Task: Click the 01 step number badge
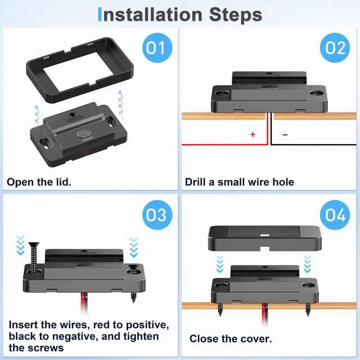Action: [x=157, y=48]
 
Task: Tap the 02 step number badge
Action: [x=335, y=48]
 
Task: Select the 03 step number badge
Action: [x=157, y=215]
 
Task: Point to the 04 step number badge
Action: [x=335, y=215]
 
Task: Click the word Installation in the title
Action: [x=150, y=15]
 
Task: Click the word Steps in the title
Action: [x=236, y=15]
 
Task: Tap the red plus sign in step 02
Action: [x=253, y=134]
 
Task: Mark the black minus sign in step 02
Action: [x=285, y=135]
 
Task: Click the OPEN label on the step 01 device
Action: [x=75, y=118]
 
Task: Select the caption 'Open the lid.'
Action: [x=39, y=182]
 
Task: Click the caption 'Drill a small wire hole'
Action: [x=240, y=182]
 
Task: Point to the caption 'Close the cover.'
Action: [x=231, y=339]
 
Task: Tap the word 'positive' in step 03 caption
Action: [x=147, y=326]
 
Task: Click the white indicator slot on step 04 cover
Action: [x=265, y=235]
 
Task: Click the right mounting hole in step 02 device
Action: [x=316, y=93]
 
